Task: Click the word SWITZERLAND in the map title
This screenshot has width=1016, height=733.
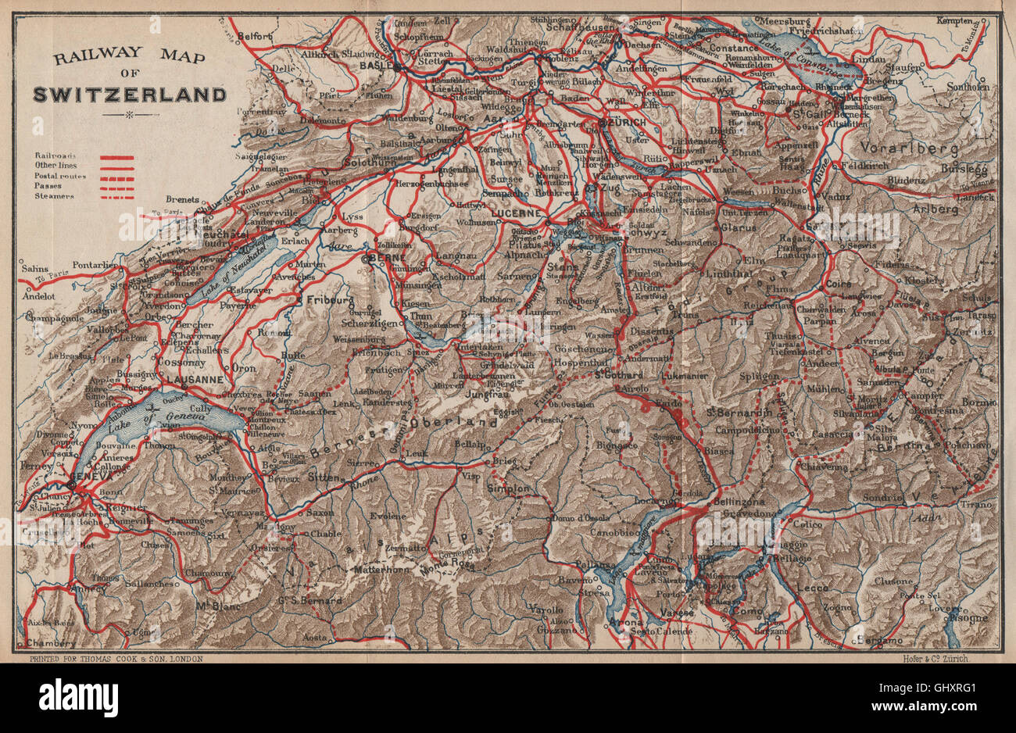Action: [x=141, y=95]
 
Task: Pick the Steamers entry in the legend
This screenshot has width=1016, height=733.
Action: [x=52, y=196]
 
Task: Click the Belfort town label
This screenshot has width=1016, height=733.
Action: [x=249, y=36]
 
